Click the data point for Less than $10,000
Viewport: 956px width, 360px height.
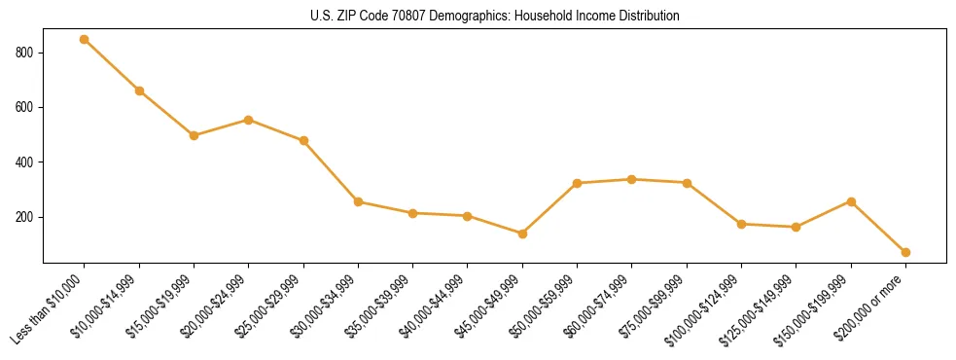[x=85, y=40]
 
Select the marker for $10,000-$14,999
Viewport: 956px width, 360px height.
[x=139, y=90]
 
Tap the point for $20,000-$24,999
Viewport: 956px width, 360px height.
[x=249, y=120]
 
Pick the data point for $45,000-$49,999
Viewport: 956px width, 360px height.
[x=522, y=234]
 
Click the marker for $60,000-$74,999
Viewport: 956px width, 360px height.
[x=632, y=179]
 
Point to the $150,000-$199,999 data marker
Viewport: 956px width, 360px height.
[x=851, y=201]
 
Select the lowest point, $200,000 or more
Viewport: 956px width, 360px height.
[x=905, y=252]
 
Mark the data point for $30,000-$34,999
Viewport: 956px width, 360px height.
[x=358, y=202]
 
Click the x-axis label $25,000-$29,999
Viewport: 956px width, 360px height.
[x=269, y=304]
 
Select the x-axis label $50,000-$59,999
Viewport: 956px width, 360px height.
[x=543, y=304]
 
